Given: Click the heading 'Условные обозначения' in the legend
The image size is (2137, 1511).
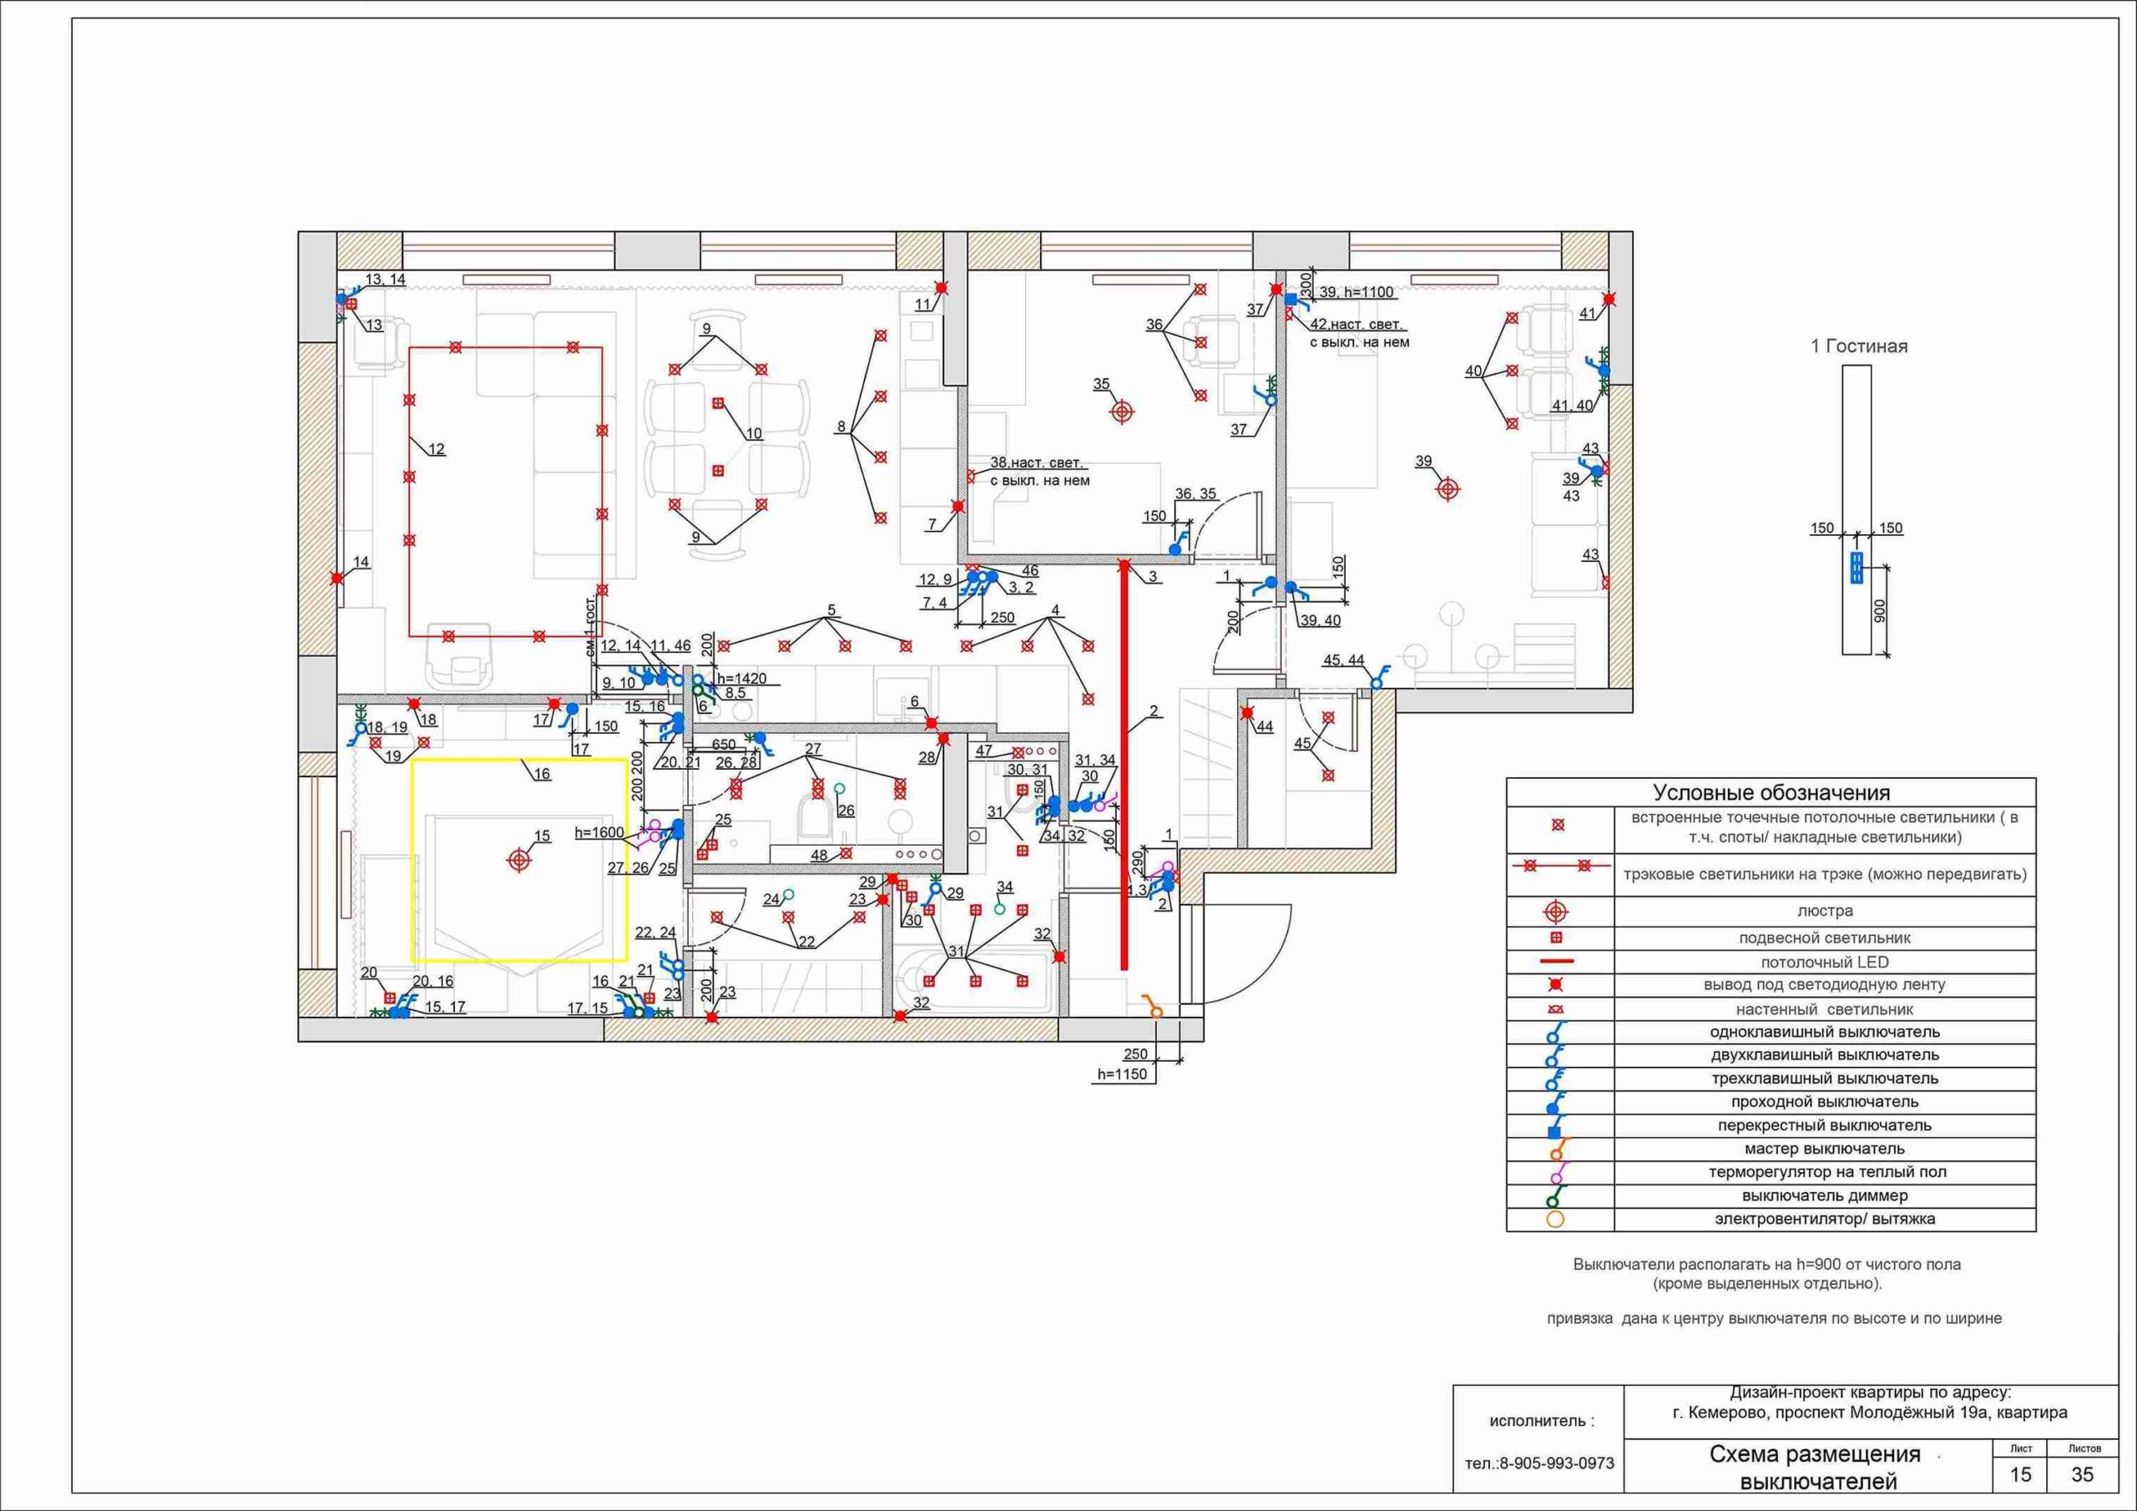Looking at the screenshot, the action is pos(1771,793).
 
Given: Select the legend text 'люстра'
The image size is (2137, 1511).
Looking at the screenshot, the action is pos(1825,912).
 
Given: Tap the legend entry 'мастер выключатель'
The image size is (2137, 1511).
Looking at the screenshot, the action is pos(1825,1149).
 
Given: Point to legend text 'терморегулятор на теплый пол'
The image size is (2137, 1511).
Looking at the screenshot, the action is pos(1825,1172).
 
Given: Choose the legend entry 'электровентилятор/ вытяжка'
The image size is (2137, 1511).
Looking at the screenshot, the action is pos(1825,1219).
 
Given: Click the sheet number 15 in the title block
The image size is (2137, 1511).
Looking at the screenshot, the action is pos(2021,1475).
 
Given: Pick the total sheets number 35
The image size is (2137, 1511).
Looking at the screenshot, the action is pos(2082,1475).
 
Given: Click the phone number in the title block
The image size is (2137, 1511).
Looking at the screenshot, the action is pos(1539,1463).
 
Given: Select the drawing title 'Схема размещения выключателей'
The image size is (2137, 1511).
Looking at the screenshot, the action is pos(1815,1468).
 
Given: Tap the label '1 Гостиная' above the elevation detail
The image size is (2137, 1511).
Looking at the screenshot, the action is pos(1859,346).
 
